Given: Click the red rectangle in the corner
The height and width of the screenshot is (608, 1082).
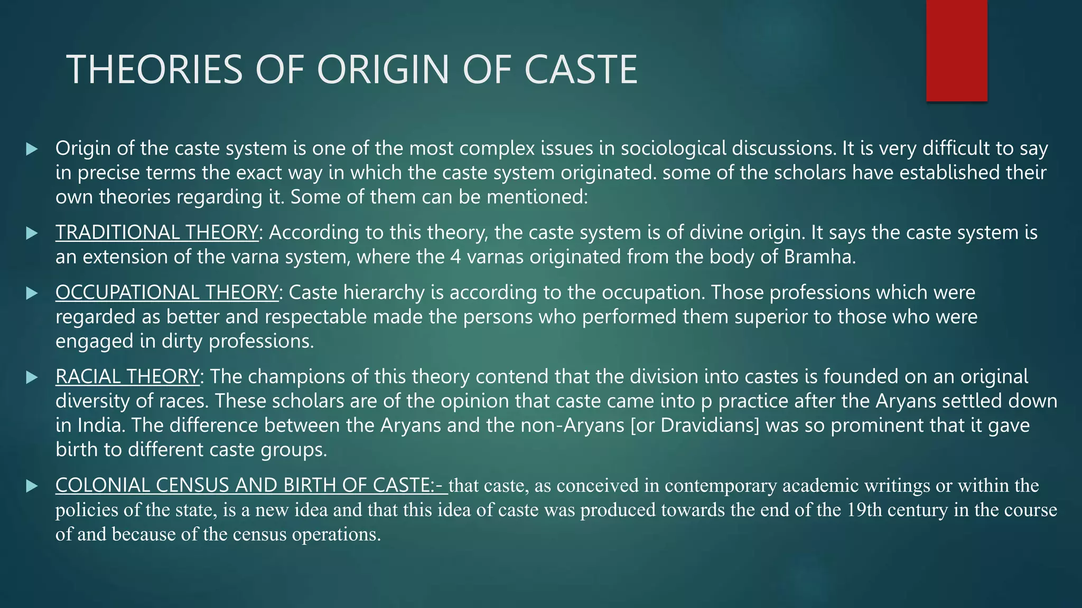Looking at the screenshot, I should [x=956, y=51].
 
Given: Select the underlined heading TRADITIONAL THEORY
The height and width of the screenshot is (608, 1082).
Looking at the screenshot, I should [x=157, y=233].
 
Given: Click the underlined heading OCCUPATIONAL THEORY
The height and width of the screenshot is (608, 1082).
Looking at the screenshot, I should [x=166, y=292].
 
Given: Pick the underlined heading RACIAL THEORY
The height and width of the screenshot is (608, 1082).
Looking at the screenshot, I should [x=127, y=377].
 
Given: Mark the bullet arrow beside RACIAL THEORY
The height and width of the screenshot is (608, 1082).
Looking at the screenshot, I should [x=32, y=377].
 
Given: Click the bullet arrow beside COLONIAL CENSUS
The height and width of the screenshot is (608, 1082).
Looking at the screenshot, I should [x=32, y=486].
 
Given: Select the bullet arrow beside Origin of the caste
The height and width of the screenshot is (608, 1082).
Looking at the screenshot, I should [x=32, y=149].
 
